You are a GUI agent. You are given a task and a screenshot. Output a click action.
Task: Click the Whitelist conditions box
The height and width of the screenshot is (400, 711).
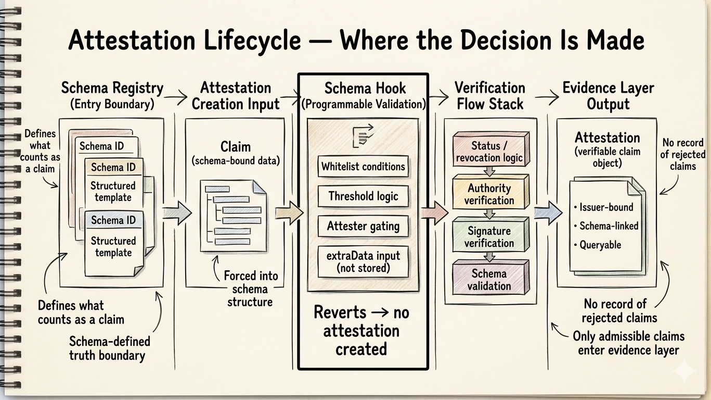click(x=363, y=167)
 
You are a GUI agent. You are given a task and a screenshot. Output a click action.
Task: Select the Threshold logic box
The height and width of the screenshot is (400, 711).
click(x=363, y=196)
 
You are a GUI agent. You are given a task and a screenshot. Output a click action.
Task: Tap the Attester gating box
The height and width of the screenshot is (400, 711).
click(x=363, y=226)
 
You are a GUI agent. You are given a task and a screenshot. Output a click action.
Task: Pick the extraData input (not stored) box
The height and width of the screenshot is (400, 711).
click(x=363, y=261)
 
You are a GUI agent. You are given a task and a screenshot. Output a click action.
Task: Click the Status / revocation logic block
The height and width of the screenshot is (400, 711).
click(x=489, y=152)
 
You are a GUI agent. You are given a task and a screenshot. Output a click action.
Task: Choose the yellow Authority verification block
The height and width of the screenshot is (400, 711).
click(x=489, y=194)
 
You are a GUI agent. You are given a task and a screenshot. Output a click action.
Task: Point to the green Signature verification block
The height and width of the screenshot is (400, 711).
click(x=489, y=236)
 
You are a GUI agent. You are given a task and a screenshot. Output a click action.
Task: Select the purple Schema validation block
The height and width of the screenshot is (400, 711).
click(x=489, y=279)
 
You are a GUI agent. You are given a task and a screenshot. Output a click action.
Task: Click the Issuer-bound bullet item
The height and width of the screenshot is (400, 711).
click(x=603, y=207)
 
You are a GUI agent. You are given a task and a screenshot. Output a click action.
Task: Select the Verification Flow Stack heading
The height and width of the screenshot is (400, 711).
click(x=489, y=95)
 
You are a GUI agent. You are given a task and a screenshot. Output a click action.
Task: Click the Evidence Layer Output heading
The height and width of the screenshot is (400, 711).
click(x=608, y=95)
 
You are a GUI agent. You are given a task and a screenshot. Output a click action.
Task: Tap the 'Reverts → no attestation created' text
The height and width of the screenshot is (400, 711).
click(x=361, y=331)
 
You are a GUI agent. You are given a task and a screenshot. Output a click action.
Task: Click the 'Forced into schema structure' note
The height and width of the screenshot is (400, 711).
click(x=251, y=289)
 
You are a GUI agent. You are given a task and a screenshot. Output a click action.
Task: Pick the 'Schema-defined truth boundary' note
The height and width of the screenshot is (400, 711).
click(x=107, y=348)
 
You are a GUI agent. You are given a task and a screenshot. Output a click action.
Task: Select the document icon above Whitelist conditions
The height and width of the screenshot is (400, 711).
click(x=363, y=135)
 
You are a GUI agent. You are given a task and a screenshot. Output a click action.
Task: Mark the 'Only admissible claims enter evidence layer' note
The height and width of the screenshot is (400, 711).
click(x=628, y=343)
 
